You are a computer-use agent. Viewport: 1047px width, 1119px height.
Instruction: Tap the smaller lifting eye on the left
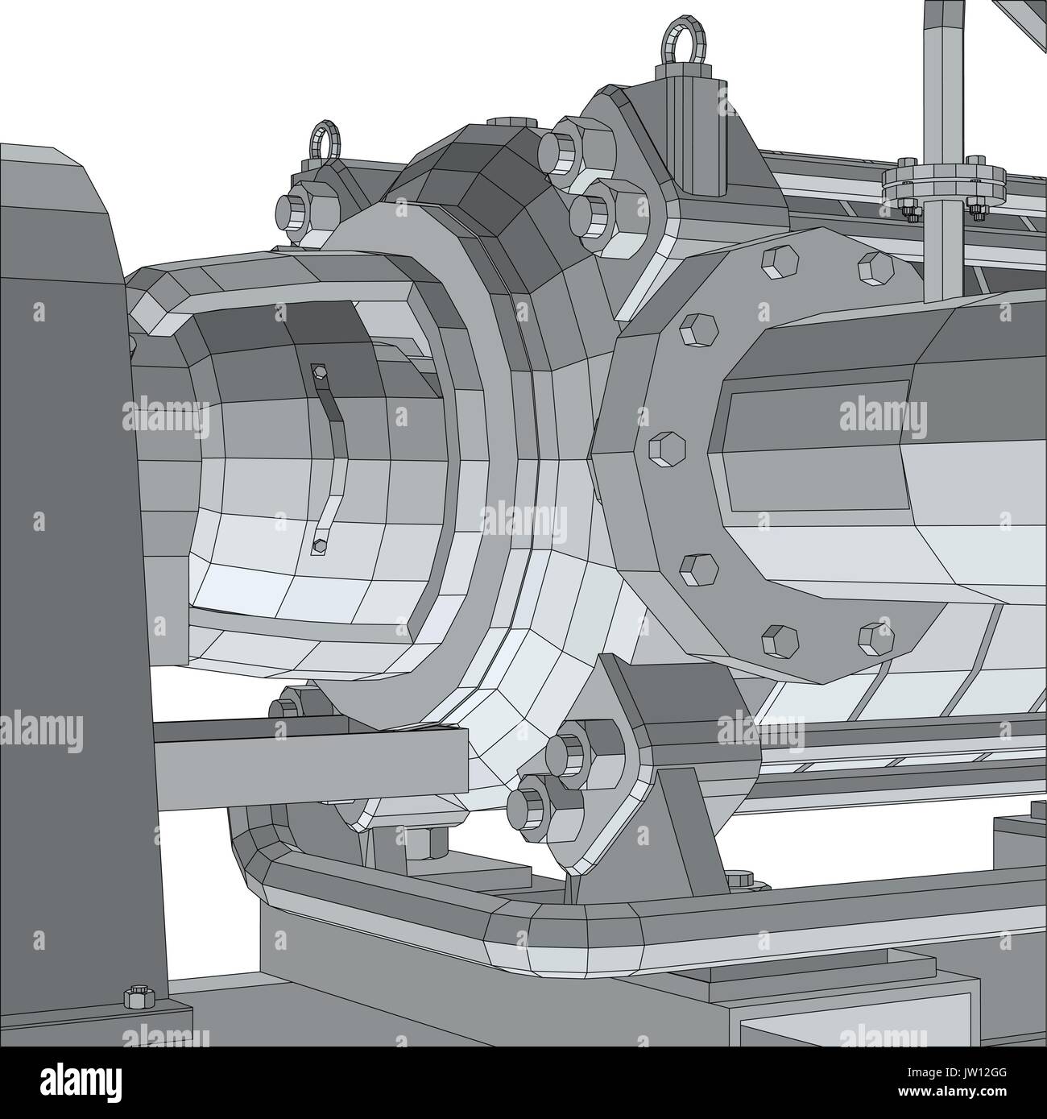(x=325, y=140)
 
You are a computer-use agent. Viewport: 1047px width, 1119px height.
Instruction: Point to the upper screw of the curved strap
(x=319, y=371)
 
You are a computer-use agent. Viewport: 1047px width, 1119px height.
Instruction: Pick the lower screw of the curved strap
(x=320, y=545)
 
